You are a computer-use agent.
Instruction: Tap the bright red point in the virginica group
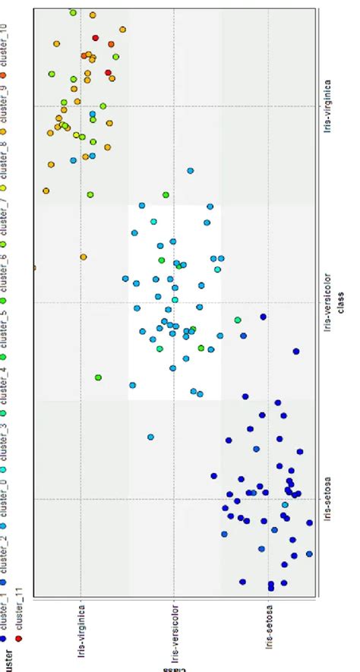pyautogui.click(x=96, y=37)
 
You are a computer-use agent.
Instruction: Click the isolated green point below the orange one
pyautogui.click(x=99, y=377)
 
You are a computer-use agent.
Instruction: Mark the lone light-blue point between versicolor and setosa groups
pyautogui.click(x=150, y=437)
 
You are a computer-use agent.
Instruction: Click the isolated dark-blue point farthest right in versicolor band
pyautogui.click(x=296, y=351)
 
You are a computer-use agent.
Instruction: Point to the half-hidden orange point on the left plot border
pyautogui.click(x=35, y=267)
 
